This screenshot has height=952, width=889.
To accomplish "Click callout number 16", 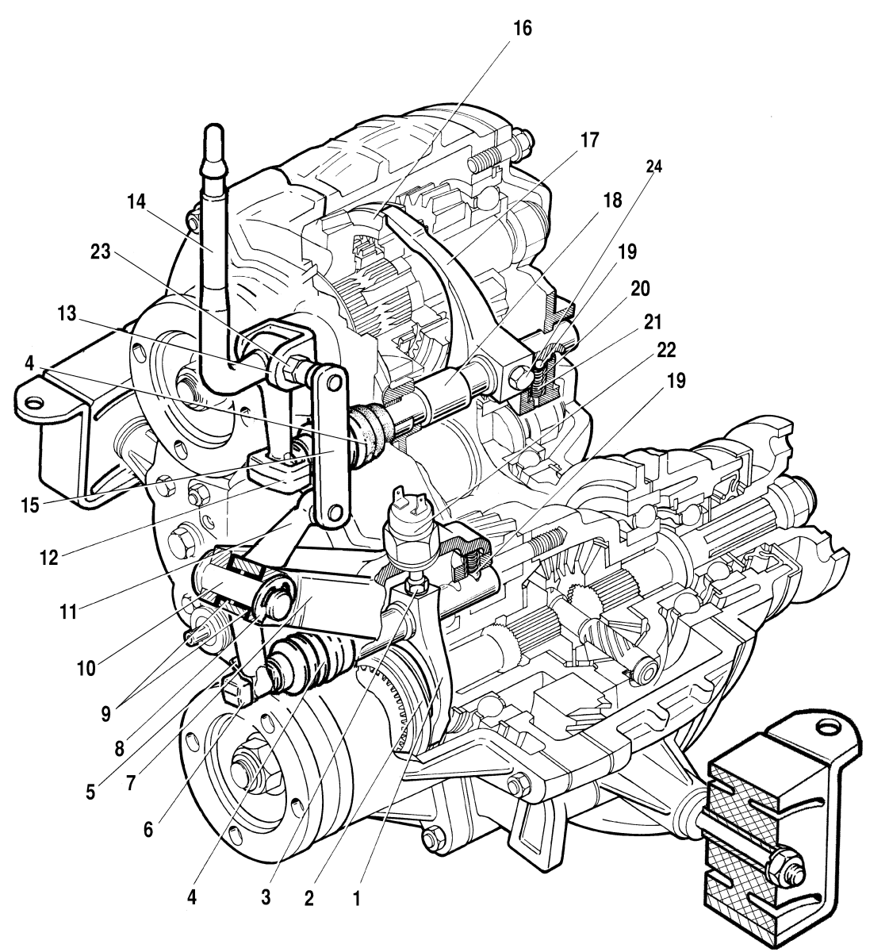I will click(x=522, y=29).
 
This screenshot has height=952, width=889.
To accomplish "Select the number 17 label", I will click(x=588, y=141).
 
